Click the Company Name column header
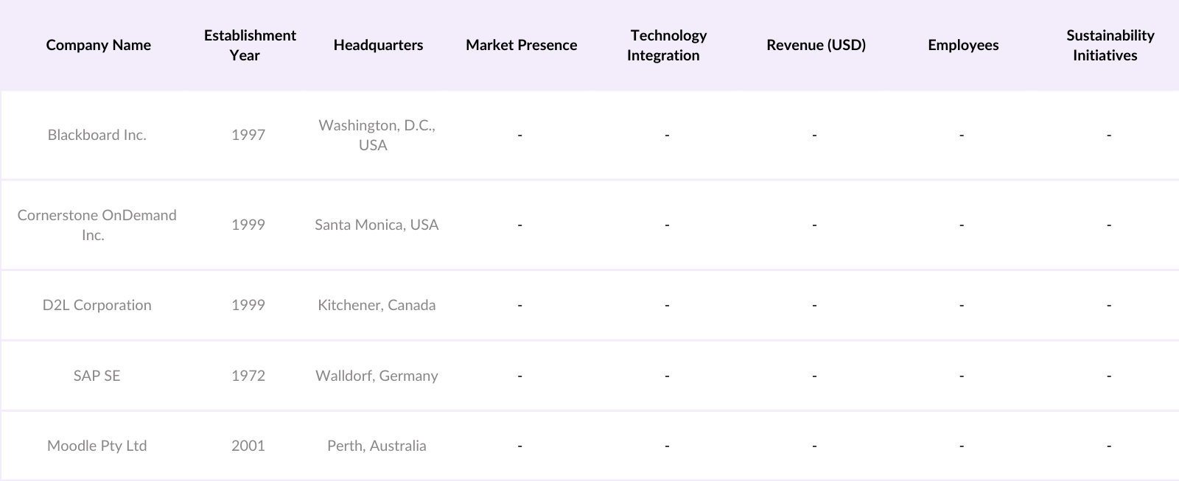point(98,45)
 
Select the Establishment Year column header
point(250,45)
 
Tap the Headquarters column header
point(378,45)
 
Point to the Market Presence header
point(521,45)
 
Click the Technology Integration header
point(667,45)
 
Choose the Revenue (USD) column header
point(816,45)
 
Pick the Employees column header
point(963,45)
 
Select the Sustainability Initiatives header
point(1109,45)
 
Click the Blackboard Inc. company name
point(97,135)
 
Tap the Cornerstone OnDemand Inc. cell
point(97,225)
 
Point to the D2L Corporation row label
point(97,305)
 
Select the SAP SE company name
point(97,376)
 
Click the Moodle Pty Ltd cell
point(97,446)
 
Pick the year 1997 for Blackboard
point(248,135)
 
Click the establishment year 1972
point(248,376)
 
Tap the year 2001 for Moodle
point(248,446)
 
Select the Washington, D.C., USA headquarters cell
point(377,135)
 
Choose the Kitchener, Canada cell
point(377,305)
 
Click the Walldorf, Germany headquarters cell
point(377,376)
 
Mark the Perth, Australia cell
point(377,446)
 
